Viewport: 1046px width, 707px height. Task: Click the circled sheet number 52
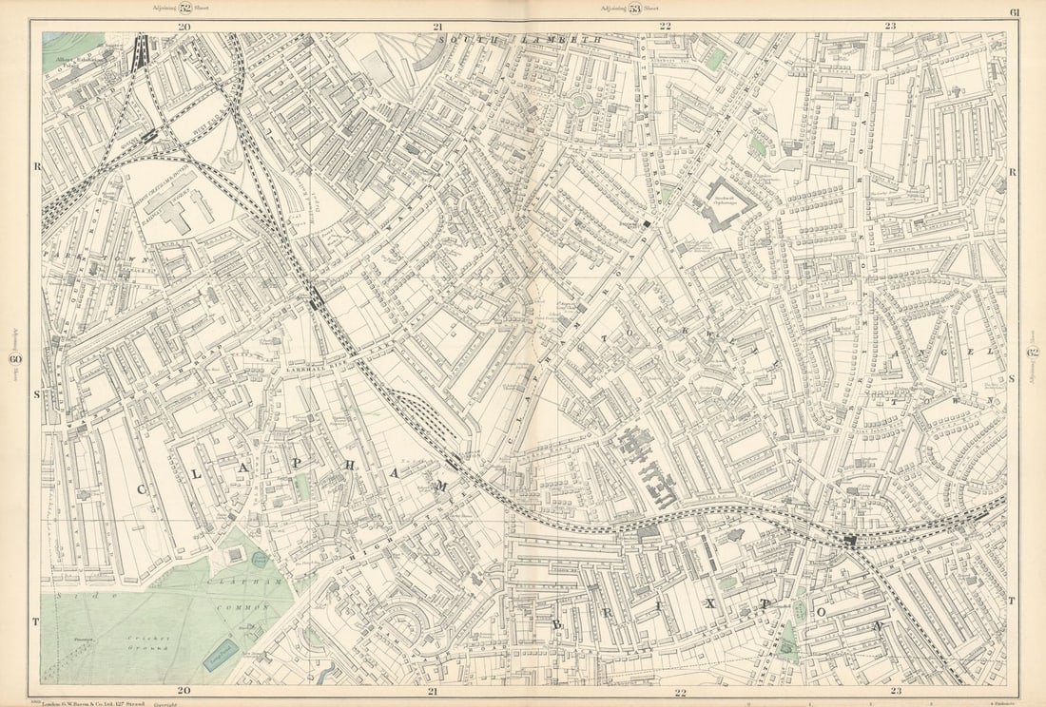tap(185, 8)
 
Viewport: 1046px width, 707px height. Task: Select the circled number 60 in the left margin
tap(15, 358)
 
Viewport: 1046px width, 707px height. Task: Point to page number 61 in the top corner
tap(1015, 11)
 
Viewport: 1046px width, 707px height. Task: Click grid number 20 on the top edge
tap(184, 27)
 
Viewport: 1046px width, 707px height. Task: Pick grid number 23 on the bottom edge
tap(890, 691)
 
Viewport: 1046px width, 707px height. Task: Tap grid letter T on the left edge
tap(35, 621)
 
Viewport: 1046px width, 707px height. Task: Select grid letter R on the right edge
tap(1013, 172)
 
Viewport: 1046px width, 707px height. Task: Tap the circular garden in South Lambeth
tap(577, 105)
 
